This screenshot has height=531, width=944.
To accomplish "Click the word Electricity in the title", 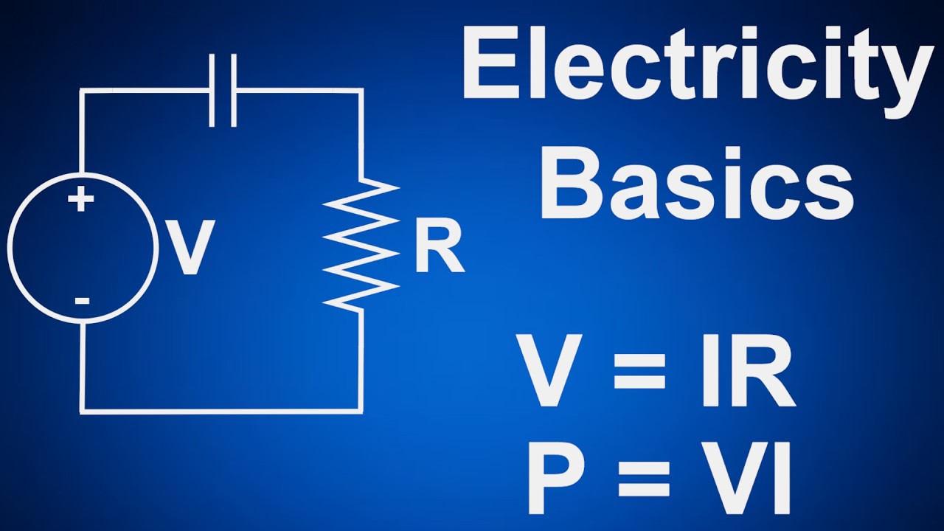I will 697,66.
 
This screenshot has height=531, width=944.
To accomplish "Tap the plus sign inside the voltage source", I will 81,199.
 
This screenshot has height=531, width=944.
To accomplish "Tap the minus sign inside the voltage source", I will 82,300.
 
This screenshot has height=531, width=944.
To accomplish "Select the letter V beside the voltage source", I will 191,248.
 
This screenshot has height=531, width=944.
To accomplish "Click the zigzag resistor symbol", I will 361,243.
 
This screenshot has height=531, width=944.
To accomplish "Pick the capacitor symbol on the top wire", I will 223,90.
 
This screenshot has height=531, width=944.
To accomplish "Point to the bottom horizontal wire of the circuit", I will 221,410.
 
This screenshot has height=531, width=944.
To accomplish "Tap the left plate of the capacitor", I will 212,90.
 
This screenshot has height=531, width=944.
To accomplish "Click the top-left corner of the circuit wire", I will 82,91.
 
